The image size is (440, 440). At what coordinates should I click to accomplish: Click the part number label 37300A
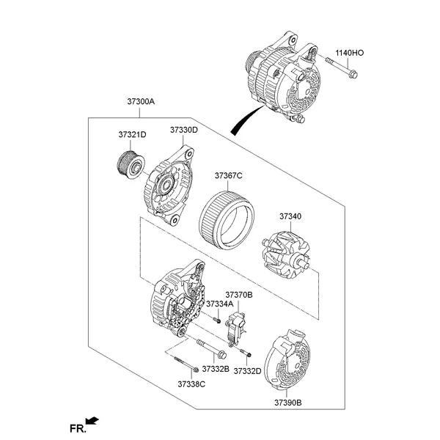pos(141,103)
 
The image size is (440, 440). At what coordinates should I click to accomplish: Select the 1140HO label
pos(350,53)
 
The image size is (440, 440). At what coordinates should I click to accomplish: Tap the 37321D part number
pos(133,134)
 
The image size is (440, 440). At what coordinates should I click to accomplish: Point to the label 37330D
pos(184,130)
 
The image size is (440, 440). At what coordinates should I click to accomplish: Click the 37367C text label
pos(229,175)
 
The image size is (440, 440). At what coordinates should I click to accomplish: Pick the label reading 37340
pos(290,216)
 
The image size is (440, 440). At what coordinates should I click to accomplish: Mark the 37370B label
pos(239,294)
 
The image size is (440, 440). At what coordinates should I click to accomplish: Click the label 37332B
pos(216,368)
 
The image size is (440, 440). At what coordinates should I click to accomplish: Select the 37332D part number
pos(248,371)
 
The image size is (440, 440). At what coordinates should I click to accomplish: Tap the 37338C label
pos(191,384)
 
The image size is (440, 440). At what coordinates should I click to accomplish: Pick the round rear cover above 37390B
pos(290,361)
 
